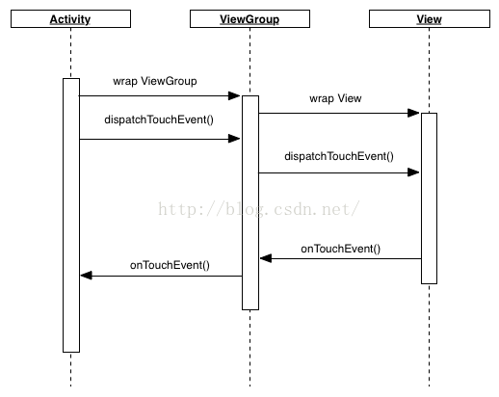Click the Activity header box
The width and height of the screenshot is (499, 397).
click(x=70, y=19)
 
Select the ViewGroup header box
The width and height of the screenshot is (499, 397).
click(x=249, y=19)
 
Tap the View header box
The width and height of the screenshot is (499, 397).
click(x=430, y=19)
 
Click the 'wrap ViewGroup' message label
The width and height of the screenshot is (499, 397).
click(x=155, y=81)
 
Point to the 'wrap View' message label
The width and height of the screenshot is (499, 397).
click(x=335, y=98)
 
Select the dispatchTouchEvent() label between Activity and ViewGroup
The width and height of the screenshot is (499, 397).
click(x=159, y=119)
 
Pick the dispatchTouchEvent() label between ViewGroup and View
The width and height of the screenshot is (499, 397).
click(x=339, y=156)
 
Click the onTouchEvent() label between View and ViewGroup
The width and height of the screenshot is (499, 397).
click(x=340, y=249)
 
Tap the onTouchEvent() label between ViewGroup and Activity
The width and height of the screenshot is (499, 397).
click(x=170, y=265)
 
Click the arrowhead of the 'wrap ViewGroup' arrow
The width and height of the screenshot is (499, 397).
click(x=234, y=95)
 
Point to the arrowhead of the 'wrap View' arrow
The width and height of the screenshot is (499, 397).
click(x=413, y=113)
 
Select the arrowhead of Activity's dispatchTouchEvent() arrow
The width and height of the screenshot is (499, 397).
click(x=234, y=139)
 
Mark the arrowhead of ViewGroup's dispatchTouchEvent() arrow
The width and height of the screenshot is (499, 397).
click(x=413, y=172)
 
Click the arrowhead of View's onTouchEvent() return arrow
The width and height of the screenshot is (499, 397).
click(x=266, y=258)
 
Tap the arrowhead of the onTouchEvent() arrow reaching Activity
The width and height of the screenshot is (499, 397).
click(x=87, y=276)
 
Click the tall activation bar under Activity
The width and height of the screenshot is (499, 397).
click(x=71, y=215)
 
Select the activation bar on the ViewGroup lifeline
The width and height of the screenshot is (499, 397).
click(x=250, y=202)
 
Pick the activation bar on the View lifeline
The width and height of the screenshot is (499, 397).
click(x=430, y=198)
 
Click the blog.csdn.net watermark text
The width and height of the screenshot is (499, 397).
click(x=259, y=209)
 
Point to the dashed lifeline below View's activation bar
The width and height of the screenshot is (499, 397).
click(x=430, y=335)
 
